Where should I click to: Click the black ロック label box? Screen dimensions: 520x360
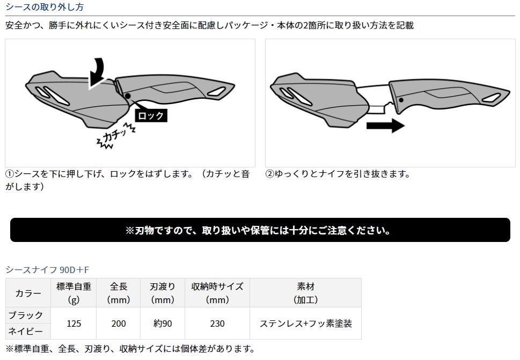point(151,115)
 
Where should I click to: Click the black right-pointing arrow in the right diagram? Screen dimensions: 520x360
point(385,126)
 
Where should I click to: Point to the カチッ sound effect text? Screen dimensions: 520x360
point(116,136)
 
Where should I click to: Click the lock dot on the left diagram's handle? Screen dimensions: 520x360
point(128,96)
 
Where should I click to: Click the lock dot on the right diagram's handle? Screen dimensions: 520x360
point(401,100)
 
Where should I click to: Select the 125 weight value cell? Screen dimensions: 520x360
point(74,323)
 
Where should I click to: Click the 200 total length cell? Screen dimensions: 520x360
point(119,323)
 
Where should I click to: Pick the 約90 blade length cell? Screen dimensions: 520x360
point(163,323)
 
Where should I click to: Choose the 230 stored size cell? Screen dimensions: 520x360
point(217,323)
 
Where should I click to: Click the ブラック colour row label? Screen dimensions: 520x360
point(26,315)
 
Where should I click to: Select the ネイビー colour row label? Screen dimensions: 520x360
point(26,331)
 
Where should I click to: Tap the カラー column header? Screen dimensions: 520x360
point(28,293)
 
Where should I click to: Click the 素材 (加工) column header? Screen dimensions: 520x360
point(305,293)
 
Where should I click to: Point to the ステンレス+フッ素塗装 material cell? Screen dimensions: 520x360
point(305,323)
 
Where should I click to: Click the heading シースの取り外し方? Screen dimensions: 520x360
point(45,6)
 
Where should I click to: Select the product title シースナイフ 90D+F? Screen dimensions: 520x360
point(47,269)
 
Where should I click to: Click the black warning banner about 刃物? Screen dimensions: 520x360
point(260,230)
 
